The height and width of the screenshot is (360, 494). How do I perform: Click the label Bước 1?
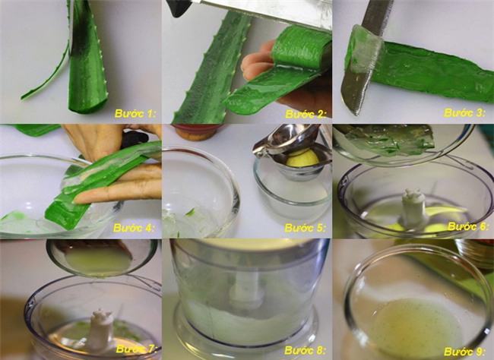click(x=135, y=113)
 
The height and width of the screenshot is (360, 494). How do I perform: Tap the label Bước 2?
click(x=306, y=114)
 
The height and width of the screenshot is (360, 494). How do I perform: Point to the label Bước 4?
click(x=134, y=227)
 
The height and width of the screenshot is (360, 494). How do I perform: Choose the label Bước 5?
click(x=305, y=227)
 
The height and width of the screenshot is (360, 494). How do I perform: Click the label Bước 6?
click(x=468, y=226)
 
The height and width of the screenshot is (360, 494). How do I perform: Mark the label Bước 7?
click(x=136, y=349)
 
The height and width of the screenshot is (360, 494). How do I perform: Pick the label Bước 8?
click(x=305, y=350)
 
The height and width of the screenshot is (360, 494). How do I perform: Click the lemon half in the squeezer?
click(x=302, y=158)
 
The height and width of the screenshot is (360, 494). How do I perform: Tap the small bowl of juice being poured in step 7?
click(x=101, y=257)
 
